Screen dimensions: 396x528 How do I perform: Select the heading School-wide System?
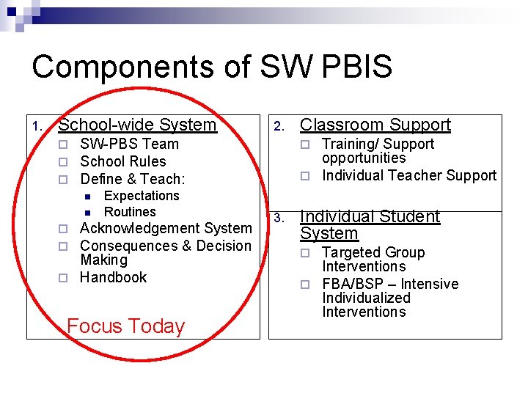(137, 125)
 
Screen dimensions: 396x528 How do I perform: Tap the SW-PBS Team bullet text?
(129, 144)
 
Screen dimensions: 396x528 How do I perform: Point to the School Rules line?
(122, 161)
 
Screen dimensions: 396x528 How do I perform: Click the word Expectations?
(142, 196)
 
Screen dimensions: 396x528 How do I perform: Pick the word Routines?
(130, 212)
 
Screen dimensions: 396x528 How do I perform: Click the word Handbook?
(113, 277)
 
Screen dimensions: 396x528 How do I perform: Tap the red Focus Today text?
(125, 326)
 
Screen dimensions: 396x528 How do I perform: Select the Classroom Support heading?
(375, 125)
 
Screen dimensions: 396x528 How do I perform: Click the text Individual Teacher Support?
(409, 175)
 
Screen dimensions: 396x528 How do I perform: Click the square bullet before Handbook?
(63, 278)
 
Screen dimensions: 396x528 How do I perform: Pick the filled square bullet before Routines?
(87, 213)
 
